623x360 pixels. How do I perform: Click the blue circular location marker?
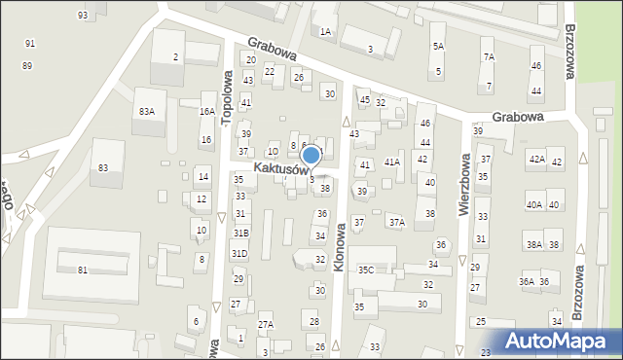(311, 155)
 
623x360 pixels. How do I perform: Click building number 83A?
(146, 112)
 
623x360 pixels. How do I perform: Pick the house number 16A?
(206, 112)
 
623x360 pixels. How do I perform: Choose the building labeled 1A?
(325, 32)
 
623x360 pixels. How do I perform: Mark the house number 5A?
(438, 47)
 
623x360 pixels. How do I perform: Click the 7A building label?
(488, 57)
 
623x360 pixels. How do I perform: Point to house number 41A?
(392, 162)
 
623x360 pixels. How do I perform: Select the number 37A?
(396, 223)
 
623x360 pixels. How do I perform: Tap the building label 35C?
(365, 270)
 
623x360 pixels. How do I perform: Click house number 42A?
(536, 159)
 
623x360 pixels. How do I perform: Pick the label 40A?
(533, 204)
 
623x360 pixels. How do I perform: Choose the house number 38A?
(533, 245)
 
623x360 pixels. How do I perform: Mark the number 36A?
(527, 282)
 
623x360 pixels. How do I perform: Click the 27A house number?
(266, 325)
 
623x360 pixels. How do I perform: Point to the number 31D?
(238, 254)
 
